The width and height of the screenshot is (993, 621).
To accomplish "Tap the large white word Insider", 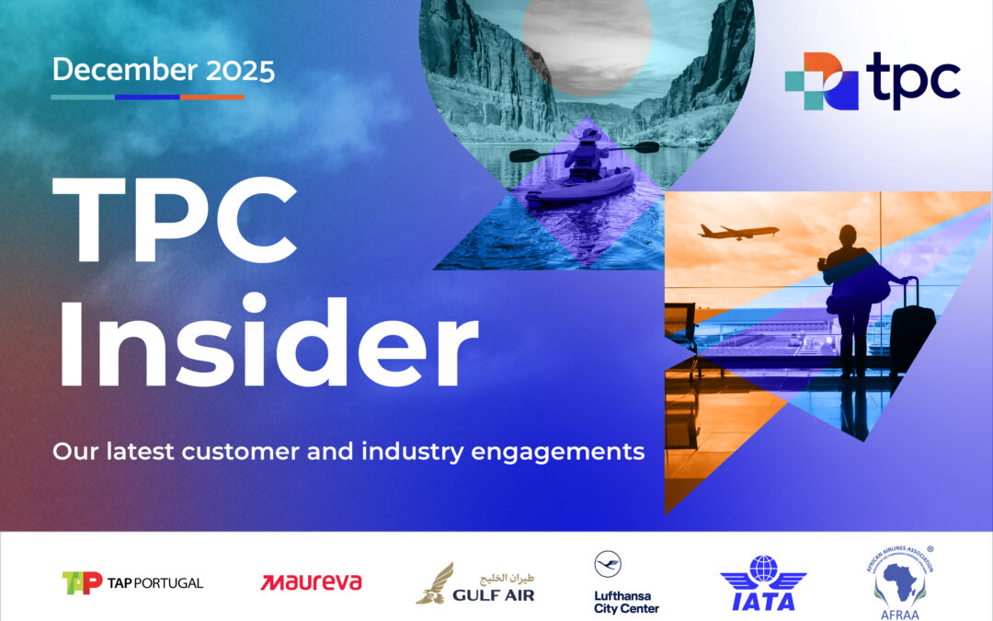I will click(x=267, y=343).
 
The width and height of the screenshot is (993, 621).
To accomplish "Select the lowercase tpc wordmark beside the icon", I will click(x=912, y=80).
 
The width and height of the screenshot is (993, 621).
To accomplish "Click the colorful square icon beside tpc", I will click(x=820, y=81).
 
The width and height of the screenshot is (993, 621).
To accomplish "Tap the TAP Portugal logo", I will click(x=132, y=582).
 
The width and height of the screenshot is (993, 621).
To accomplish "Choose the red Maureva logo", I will click(x=311, y=582).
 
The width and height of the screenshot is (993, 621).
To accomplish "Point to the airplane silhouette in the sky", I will click(x=737, y=231).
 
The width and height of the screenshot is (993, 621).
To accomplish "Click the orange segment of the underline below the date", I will click(x=212, y=97).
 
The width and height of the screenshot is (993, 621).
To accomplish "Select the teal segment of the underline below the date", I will click(x=83, y=97).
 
